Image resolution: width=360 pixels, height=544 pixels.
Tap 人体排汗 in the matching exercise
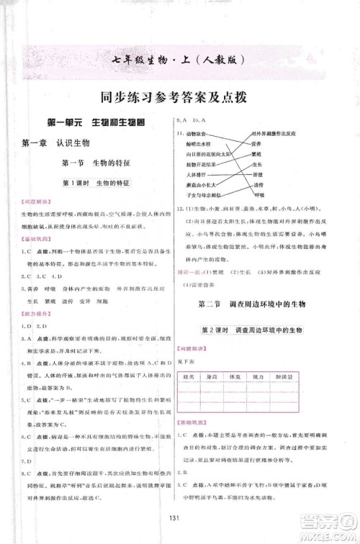[x=196, y=175]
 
